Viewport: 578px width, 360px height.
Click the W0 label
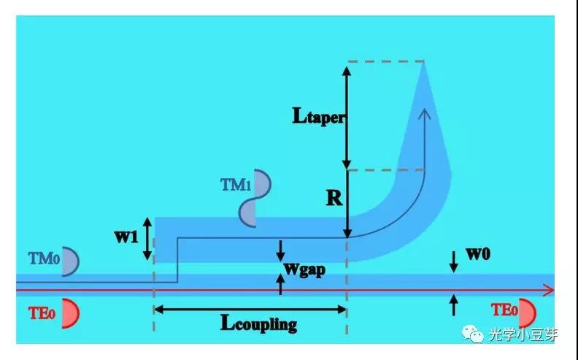[x=477, y=256]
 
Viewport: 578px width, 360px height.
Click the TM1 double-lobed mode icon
[x=253, y=197]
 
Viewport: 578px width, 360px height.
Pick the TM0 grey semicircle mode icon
[x=70, y=261]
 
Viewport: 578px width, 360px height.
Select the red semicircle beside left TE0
[x=70, y=313]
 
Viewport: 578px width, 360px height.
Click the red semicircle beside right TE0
[x=528, y=313]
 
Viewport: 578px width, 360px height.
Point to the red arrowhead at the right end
[x=549, y=290]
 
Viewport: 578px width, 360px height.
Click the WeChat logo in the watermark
[x=474, y=334]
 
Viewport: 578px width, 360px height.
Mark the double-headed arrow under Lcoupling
[x=249, y=310]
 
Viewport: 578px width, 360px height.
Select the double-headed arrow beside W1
[x=147, y=238]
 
